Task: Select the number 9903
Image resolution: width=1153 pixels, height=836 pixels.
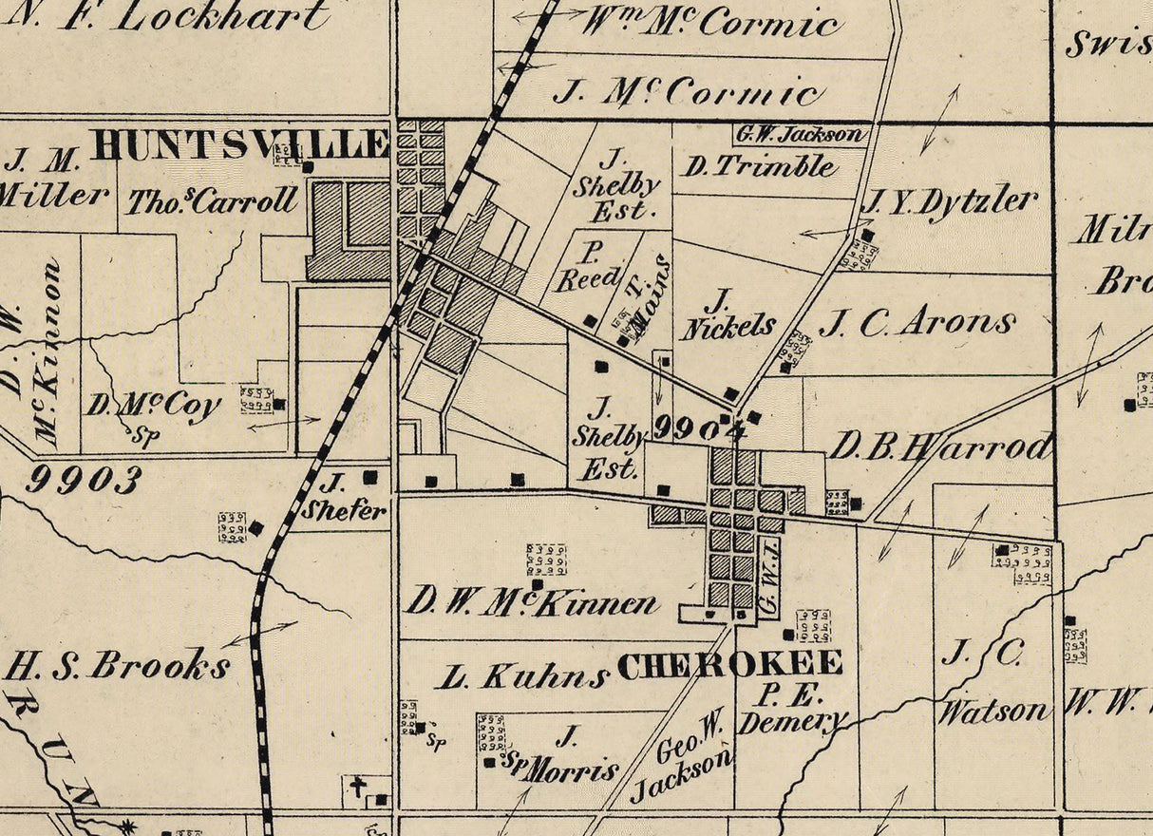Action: pyautogui.click(x=83, y=480)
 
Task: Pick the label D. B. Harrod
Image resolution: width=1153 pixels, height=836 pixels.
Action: pyautogui.click(x=940, y=446)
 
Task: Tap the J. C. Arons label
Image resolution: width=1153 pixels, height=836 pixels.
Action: pyautogui.click(x=917, y=324)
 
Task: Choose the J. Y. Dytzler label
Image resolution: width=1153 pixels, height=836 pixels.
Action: pyautogui.click(x=949, y=201)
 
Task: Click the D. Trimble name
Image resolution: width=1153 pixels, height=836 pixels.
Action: pyautogui.click(x=760, y=166)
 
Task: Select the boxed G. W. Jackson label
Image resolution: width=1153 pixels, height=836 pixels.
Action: pyautogui.click(x=801, y=135)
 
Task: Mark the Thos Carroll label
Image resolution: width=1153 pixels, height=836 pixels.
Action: pyautogui.click(x=213, y=200)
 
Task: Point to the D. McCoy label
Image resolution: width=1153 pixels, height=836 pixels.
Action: pyautogui.click(x=154, y=406)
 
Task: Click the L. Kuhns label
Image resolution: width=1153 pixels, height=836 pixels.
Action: pyautogui.click(x=522, y=676)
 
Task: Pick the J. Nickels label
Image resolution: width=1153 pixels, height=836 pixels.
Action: pyautogui.click(x=727, y=314)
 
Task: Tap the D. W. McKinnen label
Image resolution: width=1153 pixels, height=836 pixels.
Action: pyautogui.click(x=532, y=602)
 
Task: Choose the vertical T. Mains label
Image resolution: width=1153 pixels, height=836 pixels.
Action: pyautogui.click(x=647, y=294)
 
